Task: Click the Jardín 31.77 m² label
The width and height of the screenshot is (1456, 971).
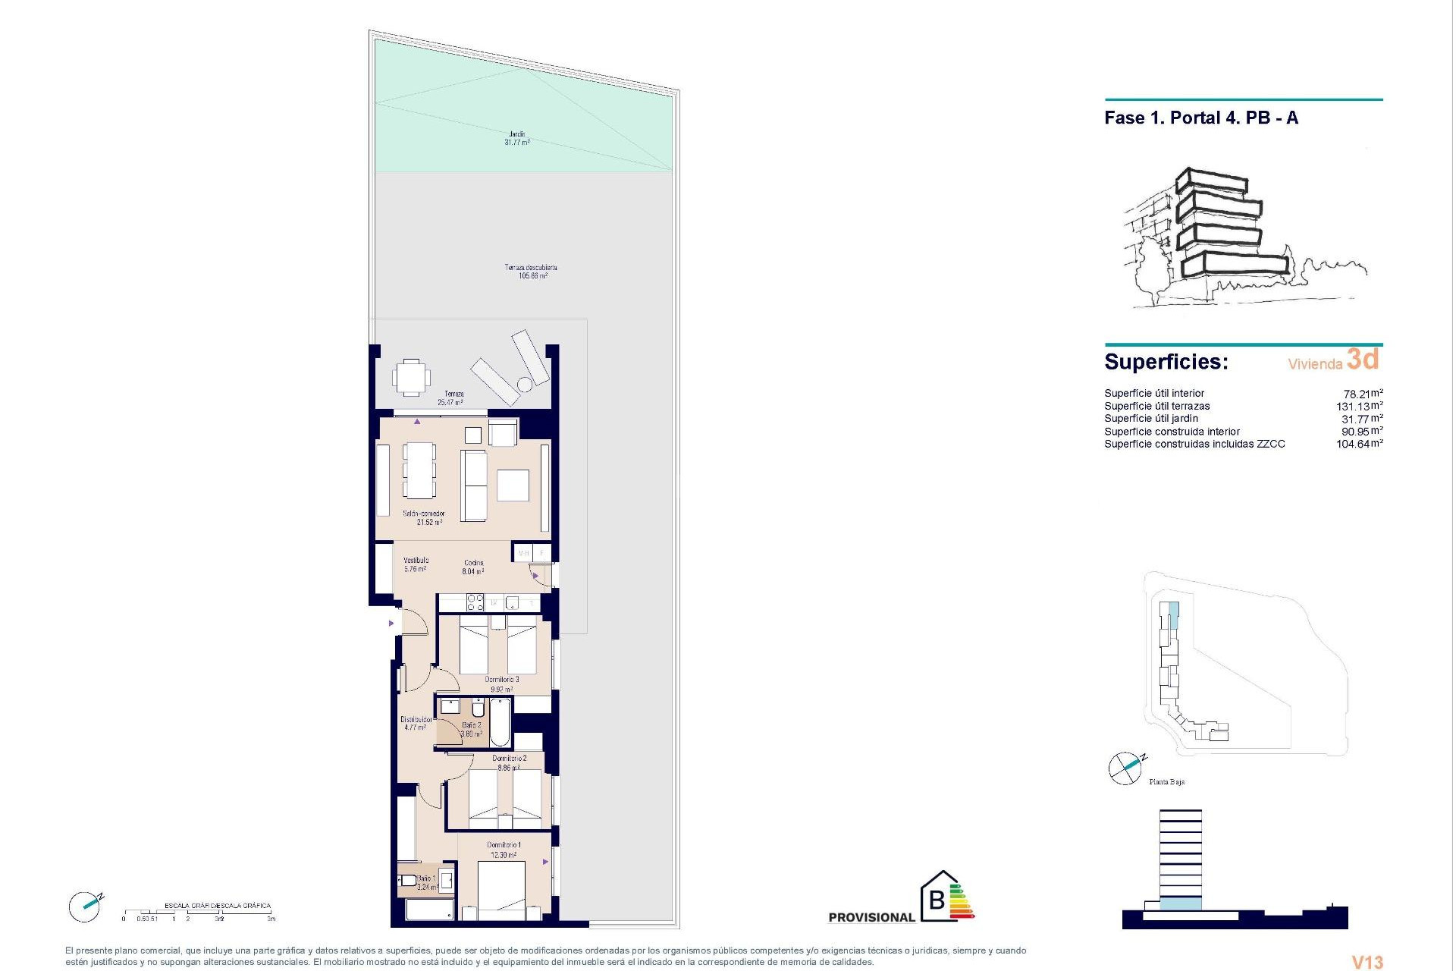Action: (x=516, y=138)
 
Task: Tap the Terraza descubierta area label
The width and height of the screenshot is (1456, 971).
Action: (x=532, y=272)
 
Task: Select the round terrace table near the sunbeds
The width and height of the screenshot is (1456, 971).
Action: (x=525, y=385)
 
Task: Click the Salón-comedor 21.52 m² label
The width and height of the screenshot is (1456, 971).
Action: (x=423, y=518)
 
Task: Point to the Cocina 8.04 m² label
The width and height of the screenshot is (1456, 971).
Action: (x=473, y=567)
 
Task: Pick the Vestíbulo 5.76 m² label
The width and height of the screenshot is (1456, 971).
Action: (x=416, y=564)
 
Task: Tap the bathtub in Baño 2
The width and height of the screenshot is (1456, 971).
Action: (x=500, y=722)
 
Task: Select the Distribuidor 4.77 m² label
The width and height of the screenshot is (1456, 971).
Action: (x=416, y=723)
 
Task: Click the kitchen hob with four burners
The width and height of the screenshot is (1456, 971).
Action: (x=475, y=602)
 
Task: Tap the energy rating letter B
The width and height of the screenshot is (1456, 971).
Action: (x=937, y=900)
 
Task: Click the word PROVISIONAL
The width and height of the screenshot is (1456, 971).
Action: (x=871, y=917)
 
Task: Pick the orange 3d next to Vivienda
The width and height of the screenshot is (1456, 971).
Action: (x=1363, y=359)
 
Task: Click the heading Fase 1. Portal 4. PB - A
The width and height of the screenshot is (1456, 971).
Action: (x=1201, y=118)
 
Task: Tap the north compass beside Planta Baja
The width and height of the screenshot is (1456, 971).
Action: (x=1125, y=768)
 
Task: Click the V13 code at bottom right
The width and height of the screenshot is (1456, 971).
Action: (x=1368, y=962)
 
